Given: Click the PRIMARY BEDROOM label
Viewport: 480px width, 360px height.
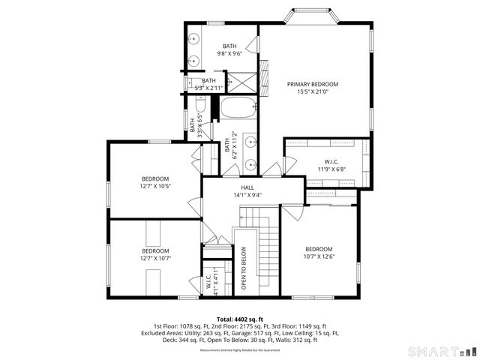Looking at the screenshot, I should point(313,84).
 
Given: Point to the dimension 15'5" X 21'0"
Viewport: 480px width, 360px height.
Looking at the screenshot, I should point(313,92).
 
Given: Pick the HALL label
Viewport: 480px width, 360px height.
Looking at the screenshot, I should point(247,187).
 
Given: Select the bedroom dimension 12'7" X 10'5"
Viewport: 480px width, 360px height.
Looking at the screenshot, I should point(156,187).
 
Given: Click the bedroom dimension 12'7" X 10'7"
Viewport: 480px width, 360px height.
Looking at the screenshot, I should point(156,259).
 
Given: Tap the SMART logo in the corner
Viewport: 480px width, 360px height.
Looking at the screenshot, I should point(440,351).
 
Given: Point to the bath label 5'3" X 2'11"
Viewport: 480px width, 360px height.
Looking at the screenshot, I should point(208,88).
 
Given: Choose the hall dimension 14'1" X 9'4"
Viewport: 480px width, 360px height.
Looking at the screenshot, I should point(247,196).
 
